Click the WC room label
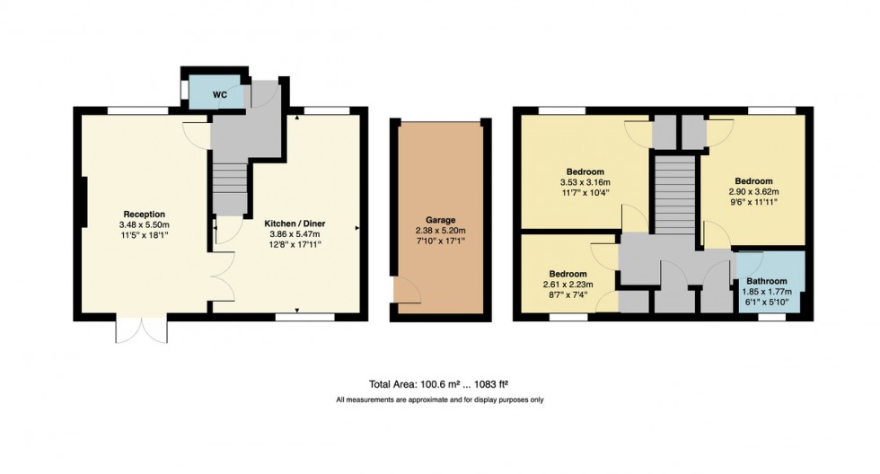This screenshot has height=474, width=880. coord(220,93)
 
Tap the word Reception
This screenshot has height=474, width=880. coord(145,214)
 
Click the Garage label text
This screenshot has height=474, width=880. coord(440,220)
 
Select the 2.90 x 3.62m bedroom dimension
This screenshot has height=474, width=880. coord(752,191)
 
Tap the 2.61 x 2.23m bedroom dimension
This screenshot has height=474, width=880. coord(568,285)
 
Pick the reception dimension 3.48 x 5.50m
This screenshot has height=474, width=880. coord(145,224)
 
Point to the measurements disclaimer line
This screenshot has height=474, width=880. coord(439,399)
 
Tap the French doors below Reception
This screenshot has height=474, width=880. coord(142,330)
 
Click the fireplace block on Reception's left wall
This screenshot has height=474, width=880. coord(82,204)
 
